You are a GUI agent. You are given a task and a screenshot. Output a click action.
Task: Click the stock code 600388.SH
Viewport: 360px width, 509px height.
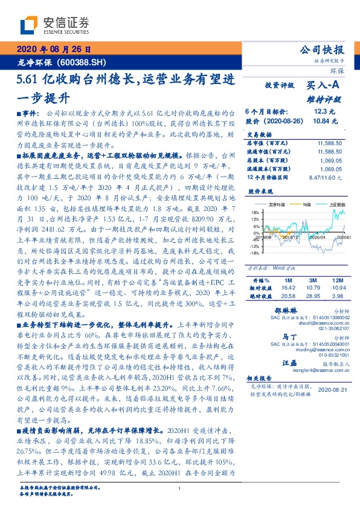tap(77, 62)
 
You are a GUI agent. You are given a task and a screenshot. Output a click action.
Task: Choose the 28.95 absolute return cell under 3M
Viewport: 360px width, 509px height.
tap(312, 297)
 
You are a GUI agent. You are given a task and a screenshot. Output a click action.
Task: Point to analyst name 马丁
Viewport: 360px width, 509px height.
tap(289, 337)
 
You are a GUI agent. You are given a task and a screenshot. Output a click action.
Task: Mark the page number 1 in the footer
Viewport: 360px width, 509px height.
tap(180, 489)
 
